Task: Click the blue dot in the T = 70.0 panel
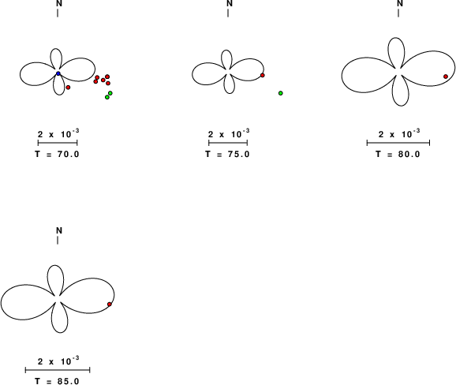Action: click(58, 73)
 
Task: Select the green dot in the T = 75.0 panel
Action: click(281, 93)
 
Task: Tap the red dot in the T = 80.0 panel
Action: click(446, 77)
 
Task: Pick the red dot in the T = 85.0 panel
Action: click(110, 305)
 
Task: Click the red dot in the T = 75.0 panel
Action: click(262, 75)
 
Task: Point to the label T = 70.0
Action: click(57, 154)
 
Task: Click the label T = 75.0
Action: click(227, 154)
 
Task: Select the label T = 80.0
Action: click(398, 154)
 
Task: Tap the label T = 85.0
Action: click(57, 381)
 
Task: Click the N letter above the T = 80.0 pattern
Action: click(400, 3)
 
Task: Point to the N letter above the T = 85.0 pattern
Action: click(59, 230)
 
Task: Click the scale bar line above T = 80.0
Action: click(398, 143)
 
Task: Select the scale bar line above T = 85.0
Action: click(58, 370)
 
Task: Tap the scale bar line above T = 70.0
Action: click(58, 143)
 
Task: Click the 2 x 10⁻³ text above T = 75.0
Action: click(229, 134)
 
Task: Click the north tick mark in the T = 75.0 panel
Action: click(228, 13)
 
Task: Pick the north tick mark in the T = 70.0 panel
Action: click(58, 13)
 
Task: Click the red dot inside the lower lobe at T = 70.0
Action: click(68, 88)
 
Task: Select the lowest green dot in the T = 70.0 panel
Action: click(107, 97)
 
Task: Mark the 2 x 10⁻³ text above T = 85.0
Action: click(58, 361)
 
